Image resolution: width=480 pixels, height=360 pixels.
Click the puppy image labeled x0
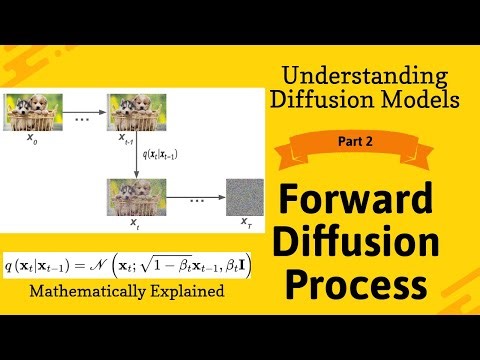point(35,109)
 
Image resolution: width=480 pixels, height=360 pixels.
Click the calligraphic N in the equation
point(105,267)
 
